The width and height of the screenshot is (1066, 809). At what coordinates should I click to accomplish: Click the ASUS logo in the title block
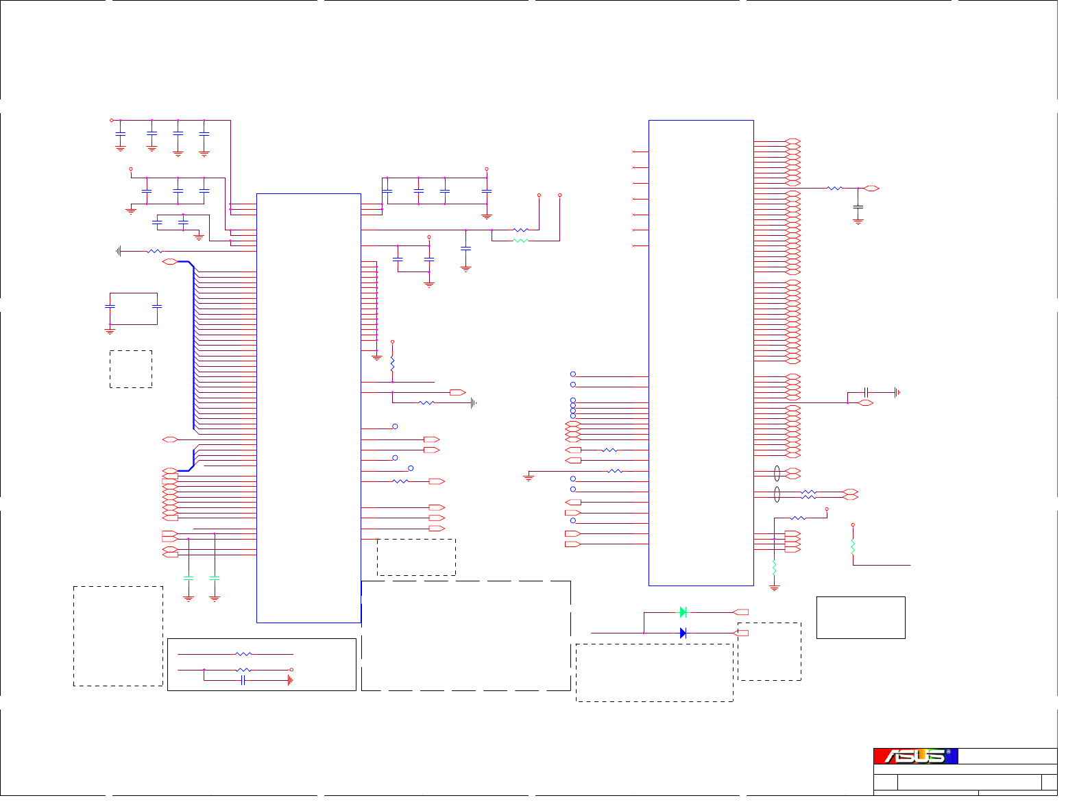(915, 756)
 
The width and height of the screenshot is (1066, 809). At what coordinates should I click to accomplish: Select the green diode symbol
(683, 612)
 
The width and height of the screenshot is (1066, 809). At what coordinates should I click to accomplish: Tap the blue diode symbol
(683, 633)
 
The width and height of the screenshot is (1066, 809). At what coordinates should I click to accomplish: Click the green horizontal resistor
(521, 241)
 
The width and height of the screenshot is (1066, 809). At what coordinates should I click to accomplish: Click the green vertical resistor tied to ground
(775, 568)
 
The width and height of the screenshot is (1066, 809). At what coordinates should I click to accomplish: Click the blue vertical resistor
(393, 361)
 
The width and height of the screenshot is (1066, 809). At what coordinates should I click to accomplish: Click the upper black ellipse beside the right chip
(777, 473)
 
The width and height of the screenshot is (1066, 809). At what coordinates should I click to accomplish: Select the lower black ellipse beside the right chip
(777, 494)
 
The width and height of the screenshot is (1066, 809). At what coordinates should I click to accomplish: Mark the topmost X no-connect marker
(633, 152)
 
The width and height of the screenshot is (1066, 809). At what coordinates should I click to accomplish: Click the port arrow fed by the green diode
(740, 612)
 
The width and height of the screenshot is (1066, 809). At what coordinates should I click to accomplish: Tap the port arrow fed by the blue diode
(740, 633)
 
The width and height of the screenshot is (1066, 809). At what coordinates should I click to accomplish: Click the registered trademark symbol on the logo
(948, 752)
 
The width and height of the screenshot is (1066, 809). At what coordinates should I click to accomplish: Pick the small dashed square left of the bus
(131, 370)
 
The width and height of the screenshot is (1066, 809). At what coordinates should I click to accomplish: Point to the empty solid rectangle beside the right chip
(861, 618)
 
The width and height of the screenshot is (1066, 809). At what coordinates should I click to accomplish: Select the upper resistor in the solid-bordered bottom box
(243, 654)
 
